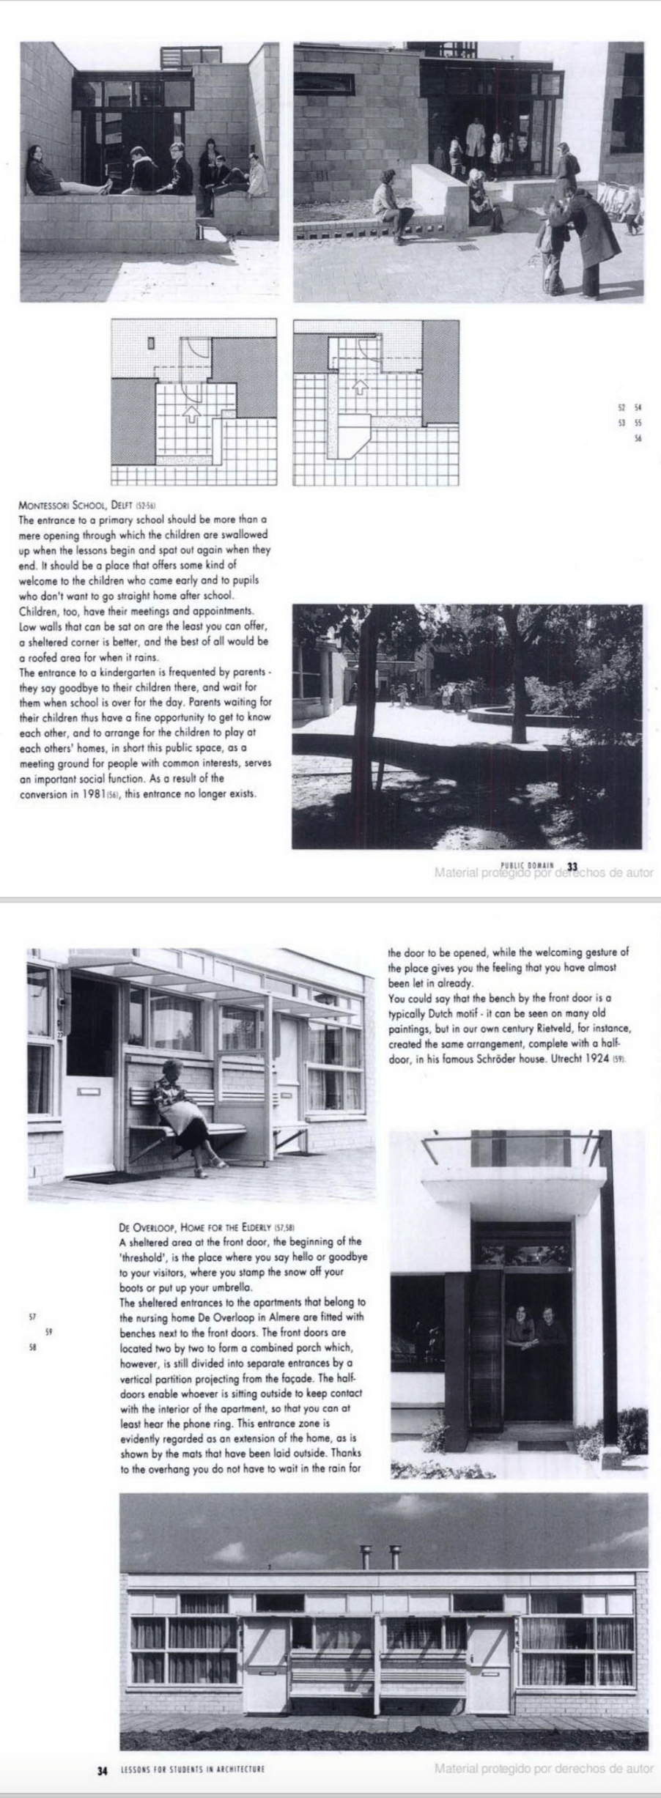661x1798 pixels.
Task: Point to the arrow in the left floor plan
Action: click(x=191, y=414)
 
